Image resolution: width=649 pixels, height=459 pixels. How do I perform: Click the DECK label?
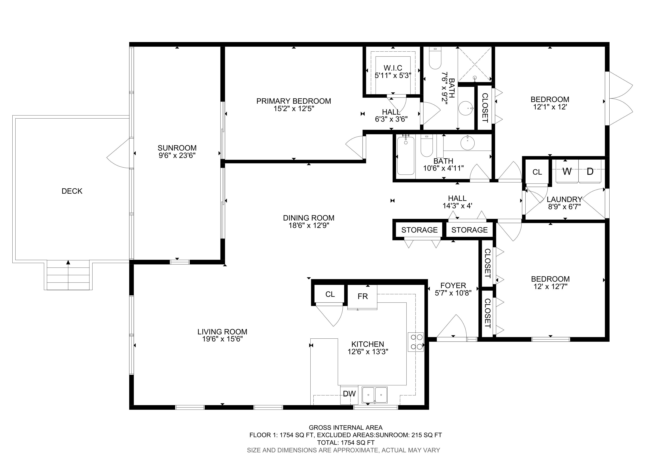[72, 191]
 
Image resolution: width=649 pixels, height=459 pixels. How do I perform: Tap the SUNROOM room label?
[177, 148]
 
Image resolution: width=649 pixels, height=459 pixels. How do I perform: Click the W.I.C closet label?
[393, 68]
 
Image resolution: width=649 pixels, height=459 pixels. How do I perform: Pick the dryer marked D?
[590, 171]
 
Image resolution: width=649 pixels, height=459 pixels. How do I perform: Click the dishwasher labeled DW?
[349, 394]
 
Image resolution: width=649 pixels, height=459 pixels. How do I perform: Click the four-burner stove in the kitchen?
[416, 342]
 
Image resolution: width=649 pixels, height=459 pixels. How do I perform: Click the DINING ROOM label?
[309, 218]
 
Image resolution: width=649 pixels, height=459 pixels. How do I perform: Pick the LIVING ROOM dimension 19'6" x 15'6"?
[222, 339]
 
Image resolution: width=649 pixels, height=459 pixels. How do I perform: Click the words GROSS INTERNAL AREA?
[346, 428]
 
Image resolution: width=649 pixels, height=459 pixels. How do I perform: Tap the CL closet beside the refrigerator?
[330, 294]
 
